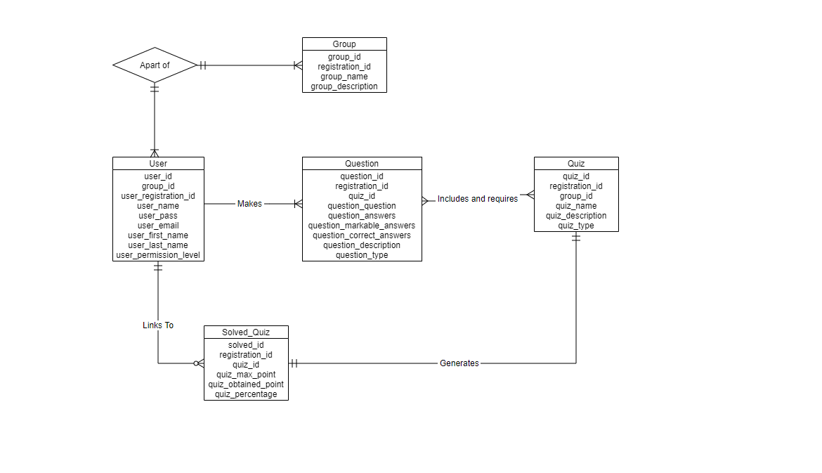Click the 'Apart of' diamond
(x=155, y=65)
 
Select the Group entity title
(x=344, y=44)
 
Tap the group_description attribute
(x=344, y=86)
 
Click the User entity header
(x=158, y=164)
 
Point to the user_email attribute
(x=158, y=226)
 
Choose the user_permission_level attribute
(x=158, y=255)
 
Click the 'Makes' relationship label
(x=249, y=203)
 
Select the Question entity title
(x=362, y=164)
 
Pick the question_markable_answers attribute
(x=362, y=226)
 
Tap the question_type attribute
(x=362, y=255)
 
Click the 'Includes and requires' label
(x=478, y=199)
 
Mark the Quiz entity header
(x=576, y=164)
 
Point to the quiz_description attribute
(x=576, y=216)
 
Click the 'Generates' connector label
(x=459, y=363)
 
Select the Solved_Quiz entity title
(x=246, y=332)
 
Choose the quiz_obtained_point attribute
(x=246, y=384)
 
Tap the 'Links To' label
(x=158, y=325)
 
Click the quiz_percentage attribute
(x=246, y=394)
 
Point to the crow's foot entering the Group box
(x=299, y=65)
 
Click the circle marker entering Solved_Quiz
(x=196, y=363)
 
